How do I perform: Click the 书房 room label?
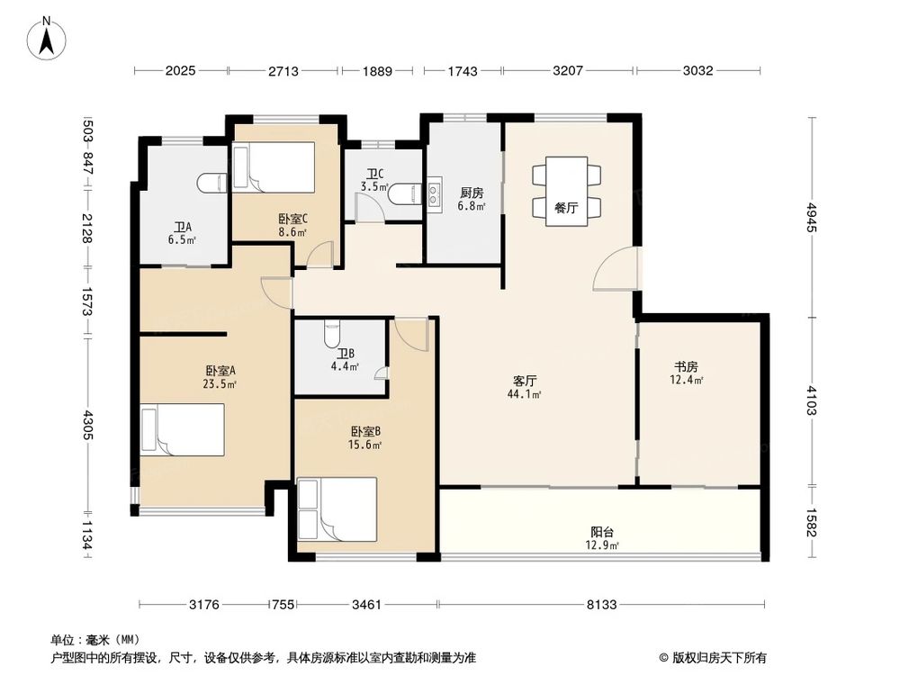(x=687, y=366)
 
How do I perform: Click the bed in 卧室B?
(x=337, y=509)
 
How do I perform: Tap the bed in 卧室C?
(x=273, y=169)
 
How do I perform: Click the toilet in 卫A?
(x=209, y=183)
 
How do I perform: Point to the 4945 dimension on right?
(x=814, y=217)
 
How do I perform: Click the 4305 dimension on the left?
(x=87, y=423)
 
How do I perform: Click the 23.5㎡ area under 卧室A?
(x=220, y=383)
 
